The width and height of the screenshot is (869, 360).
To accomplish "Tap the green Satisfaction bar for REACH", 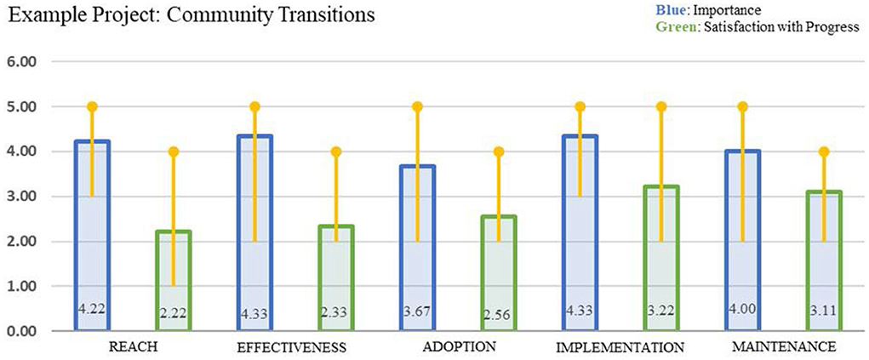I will point(174,281).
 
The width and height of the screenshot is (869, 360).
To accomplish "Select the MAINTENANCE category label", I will point(782,346).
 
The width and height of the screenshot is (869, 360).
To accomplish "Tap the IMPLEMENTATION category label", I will point(620,347).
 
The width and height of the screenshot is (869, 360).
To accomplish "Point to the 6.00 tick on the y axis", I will point(26,62).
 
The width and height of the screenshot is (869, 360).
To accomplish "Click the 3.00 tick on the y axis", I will point(26,197).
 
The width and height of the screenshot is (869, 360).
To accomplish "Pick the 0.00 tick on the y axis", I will point(26,331).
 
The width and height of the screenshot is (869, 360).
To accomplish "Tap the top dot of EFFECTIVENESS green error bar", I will point(336,151).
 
